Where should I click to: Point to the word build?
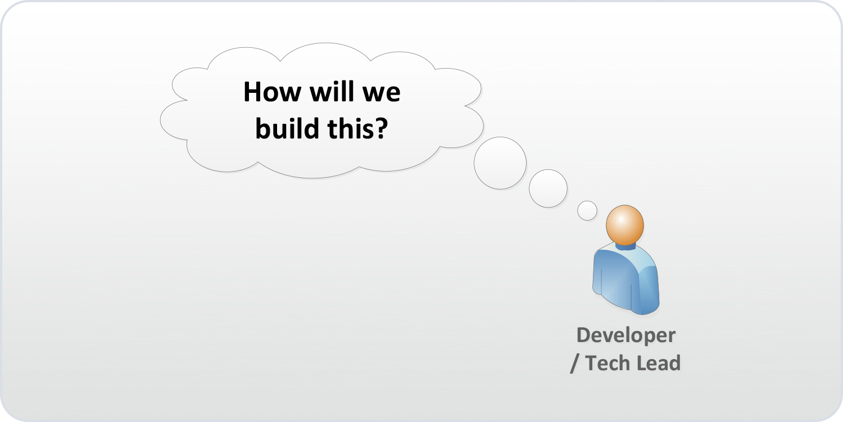(x=287, y=129)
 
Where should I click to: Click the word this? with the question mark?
(x=357, y=129)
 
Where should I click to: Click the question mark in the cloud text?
(x=382, y=129)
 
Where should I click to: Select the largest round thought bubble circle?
(x=500, y=163)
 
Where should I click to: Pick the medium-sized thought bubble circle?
(x=548, y=188)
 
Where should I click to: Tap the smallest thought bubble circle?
(x=587, y=210)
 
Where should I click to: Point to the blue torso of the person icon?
(x=625, y=279)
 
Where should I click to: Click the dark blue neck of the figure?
(x=625, y=245)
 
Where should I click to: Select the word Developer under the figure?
(x=626, y=335)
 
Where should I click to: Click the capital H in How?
(x=252, y=92)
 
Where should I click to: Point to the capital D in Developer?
(x=584, y=335)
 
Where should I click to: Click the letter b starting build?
(x=262, y=129)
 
